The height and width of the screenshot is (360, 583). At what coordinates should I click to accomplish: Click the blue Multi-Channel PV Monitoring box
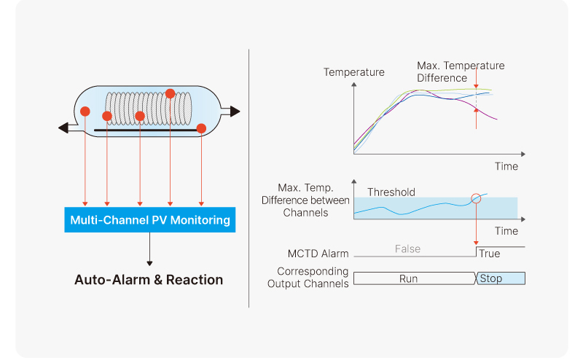pos(149,219)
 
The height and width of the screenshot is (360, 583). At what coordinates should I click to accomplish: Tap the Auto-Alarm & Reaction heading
pos(149,280)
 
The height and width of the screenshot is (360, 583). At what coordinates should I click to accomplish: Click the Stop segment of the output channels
pos(501,278)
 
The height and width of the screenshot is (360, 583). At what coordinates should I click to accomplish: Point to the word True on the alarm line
pos(490,254)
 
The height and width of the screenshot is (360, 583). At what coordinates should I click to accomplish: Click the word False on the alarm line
pos(407,249)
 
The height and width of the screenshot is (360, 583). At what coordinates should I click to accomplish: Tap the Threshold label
pos(391,192)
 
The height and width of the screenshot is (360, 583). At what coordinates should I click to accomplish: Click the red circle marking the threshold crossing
pos(477,197)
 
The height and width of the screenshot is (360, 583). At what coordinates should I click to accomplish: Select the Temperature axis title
pos(354,72)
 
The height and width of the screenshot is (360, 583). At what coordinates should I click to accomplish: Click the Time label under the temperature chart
pos(506,166)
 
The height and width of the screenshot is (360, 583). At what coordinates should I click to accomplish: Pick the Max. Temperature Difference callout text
pos(461,71)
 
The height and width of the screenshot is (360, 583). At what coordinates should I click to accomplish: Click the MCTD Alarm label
pos(318,254)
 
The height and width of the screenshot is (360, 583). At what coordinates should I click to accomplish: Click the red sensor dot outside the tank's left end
pos(85,111)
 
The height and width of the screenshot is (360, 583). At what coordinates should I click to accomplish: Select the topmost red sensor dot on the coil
pos(170,93)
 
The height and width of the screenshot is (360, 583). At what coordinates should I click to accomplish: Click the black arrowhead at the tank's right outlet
pos(234,111)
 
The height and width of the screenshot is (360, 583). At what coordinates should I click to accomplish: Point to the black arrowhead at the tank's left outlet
pos(63,128)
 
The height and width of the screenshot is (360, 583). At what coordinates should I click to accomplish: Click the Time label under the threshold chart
pos(506,231)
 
